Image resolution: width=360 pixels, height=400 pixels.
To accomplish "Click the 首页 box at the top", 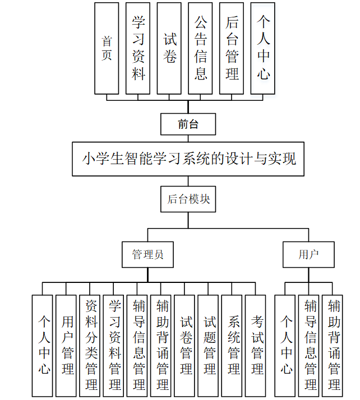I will [107, 48].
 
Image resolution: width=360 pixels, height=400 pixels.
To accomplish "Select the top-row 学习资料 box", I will [138, 48].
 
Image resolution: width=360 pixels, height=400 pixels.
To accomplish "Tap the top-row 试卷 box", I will [169, 48].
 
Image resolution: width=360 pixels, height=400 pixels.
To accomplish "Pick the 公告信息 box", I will [201, 48].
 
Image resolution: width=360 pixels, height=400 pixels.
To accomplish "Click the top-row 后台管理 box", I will [232, 48].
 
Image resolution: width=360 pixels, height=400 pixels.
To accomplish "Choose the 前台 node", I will [188, 124].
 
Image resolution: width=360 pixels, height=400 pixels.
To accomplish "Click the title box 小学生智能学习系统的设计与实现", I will [188, 159].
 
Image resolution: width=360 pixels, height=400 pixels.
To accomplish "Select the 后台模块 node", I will [188, 199].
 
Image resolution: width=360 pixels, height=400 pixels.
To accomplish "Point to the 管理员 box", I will [148, 254].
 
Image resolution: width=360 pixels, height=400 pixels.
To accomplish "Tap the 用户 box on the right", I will [308, 254].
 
